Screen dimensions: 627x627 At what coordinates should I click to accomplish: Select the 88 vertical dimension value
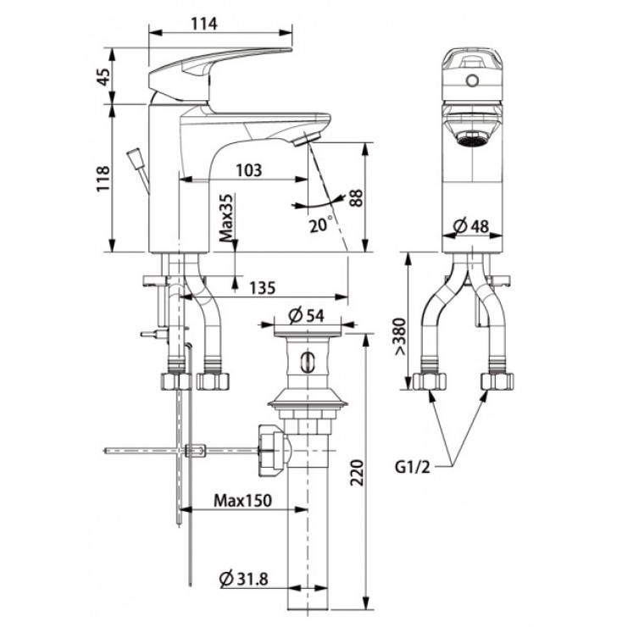(x=356, y=199)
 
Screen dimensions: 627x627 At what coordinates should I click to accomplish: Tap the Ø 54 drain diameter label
(x=307, y=315)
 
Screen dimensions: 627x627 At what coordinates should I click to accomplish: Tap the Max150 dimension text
(x=242, y=500)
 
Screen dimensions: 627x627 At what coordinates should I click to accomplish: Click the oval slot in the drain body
(x=308, y=364)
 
